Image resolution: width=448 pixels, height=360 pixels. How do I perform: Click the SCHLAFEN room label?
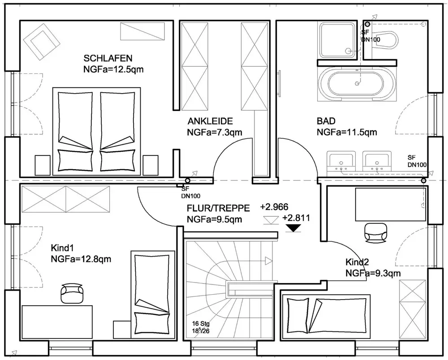(108, 58)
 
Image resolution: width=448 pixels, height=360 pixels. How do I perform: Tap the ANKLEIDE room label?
(210, 121)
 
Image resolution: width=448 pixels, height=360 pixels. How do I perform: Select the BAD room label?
(326, 121)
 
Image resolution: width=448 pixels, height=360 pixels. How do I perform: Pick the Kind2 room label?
(357, 262)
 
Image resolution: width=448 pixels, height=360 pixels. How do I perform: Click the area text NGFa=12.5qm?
(115, 69)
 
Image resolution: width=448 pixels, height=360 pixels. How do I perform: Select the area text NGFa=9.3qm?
(373, 273)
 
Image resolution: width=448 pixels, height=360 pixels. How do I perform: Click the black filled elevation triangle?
(293, 228)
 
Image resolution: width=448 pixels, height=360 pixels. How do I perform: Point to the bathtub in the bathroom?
(357, 83)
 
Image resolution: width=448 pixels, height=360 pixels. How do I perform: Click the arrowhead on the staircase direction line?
(269, 261)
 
